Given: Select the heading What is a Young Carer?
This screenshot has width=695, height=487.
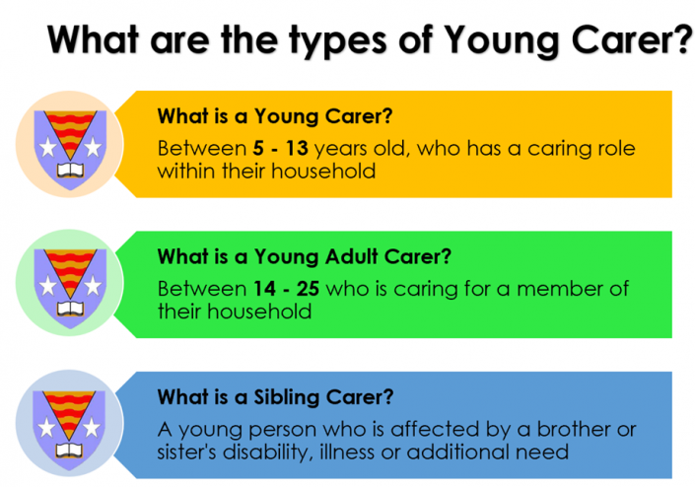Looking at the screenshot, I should tap(275, 116).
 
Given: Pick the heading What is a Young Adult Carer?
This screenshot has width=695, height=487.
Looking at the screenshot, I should tap(305, 258).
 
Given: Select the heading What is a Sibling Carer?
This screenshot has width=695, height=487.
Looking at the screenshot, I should tap(275, 398).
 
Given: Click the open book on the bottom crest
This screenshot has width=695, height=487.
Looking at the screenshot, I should tap(70, 453).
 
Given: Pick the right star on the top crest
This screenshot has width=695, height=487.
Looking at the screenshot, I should tap(94, 147).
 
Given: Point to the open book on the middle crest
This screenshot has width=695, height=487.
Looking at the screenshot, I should tap(70, 313).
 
